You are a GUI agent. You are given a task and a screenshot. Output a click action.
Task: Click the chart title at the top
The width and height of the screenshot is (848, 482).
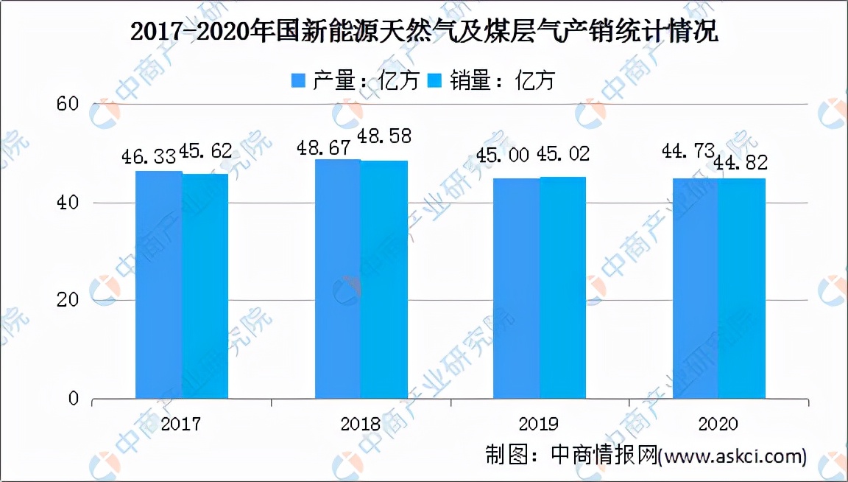(x=423, y=32)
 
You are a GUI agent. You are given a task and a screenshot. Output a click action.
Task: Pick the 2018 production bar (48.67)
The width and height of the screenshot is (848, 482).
(x=338, y=279)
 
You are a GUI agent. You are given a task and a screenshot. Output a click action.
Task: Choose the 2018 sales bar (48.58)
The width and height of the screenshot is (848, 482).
(x=384, y=280)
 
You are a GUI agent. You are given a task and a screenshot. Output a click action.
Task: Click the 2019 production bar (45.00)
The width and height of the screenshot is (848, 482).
(x=517, y=288)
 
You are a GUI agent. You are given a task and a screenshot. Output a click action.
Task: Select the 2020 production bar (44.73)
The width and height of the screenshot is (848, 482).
(x=696, y=289)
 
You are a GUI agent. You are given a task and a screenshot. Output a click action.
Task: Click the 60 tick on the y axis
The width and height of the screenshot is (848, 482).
(x=68, y=104)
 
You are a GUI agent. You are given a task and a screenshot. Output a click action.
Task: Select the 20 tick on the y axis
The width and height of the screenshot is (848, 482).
(x=68, y=301)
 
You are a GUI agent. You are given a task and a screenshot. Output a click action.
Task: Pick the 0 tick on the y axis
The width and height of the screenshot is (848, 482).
(x=73, y=399)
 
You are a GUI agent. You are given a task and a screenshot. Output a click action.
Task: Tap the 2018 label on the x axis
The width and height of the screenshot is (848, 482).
(x=361, y=424)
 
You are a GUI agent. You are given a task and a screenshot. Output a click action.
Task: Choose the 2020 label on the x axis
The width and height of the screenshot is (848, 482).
(x=718, y=424)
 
